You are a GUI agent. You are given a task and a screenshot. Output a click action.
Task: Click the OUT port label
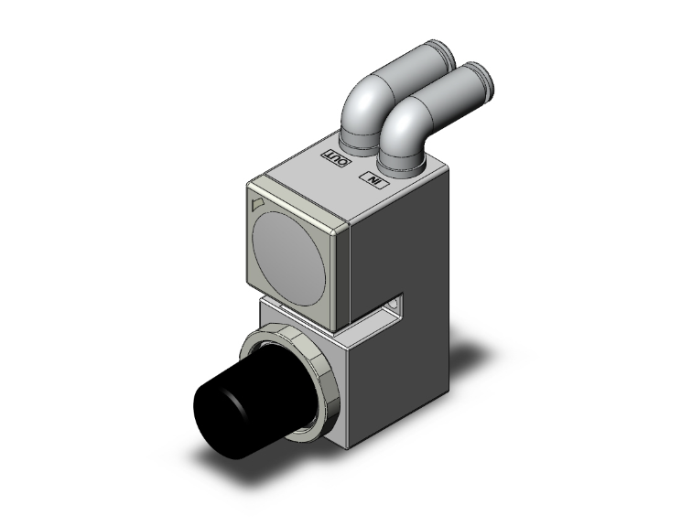(x=333, y=157)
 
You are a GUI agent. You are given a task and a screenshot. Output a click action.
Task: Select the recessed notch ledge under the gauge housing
(x=366, y=320)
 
